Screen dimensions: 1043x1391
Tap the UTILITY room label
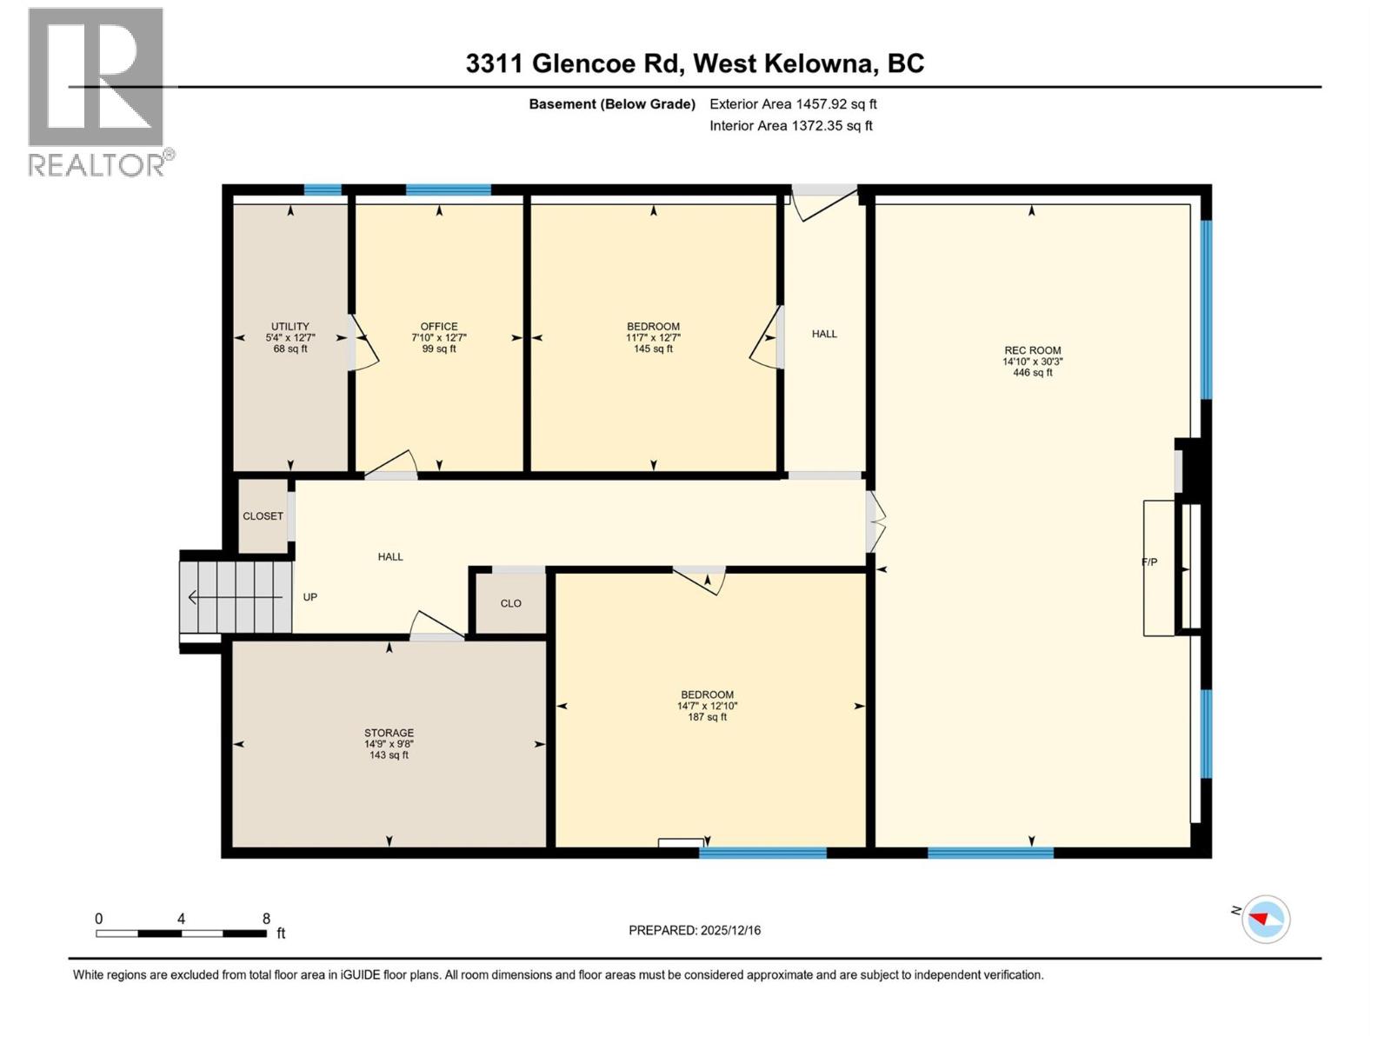tap(290, 337)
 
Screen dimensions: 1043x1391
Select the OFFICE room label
tap(439, 337)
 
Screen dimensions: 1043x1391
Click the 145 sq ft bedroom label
tap(653, 337)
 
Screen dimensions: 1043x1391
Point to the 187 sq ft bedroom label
tap(707, 706)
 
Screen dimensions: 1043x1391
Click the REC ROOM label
tap(1032, 361)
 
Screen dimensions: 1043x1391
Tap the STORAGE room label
tap(389, 744)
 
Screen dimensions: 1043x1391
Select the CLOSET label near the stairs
tap(263, 516)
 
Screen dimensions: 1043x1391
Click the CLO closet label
tap(510, 603)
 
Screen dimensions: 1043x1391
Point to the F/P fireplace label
tap(1149, 562)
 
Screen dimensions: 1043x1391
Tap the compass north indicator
tap(1265, 919)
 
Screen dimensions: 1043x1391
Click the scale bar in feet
tap(181, 933)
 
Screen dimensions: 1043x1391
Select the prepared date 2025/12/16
tap(695, 930)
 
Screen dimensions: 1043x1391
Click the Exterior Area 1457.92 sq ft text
tap(793, 103)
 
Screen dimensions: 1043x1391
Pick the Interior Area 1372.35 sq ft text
tap(790, 125)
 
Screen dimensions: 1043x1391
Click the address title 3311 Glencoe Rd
tap(695, 63)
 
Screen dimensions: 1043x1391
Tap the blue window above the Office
tap(448, 189)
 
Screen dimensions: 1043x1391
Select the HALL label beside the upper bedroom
tap(824, 334)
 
